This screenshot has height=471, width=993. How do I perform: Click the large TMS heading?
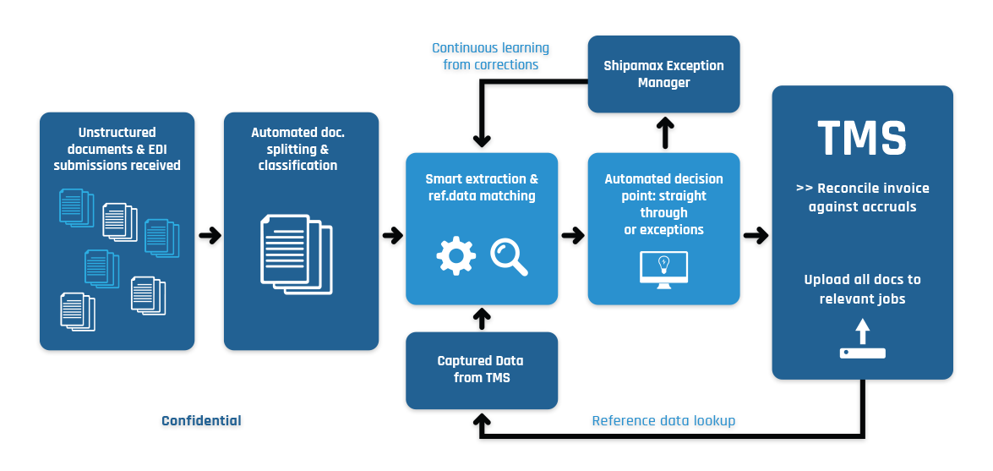pos(862,138)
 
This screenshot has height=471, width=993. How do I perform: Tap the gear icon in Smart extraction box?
pos(456,255)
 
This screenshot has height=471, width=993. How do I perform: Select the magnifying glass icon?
pos(509,256)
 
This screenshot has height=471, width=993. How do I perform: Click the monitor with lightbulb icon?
pos(663,270)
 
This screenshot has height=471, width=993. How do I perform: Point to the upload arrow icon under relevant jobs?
pos(862,339)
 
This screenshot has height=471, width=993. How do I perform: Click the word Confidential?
pos(201,420)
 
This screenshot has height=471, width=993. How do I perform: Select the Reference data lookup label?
pos(663,420)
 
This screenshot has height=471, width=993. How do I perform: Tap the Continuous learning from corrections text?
pos(490,57)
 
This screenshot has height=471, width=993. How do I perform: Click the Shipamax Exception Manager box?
pos(663,74)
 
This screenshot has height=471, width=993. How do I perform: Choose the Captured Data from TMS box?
pos(482,370)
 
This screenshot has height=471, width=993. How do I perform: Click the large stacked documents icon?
pos(293,254)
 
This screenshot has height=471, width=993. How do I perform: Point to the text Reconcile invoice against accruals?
pos(862,197)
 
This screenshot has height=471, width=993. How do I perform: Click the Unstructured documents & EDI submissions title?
pos(117,149)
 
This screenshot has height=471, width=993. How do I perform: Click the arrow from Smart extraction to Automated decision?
pos(573,235)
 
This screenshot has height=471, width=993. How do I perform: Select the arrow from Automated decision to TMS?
pos(756,235)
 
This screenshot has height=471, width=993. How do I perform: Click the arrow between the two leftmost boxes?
pos(209,235)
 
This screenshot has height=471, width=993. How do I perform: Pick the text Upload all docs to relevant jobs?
pos(862,288)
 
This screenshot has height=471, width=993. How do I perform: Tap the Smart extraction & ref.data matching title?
pos(482,188)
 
